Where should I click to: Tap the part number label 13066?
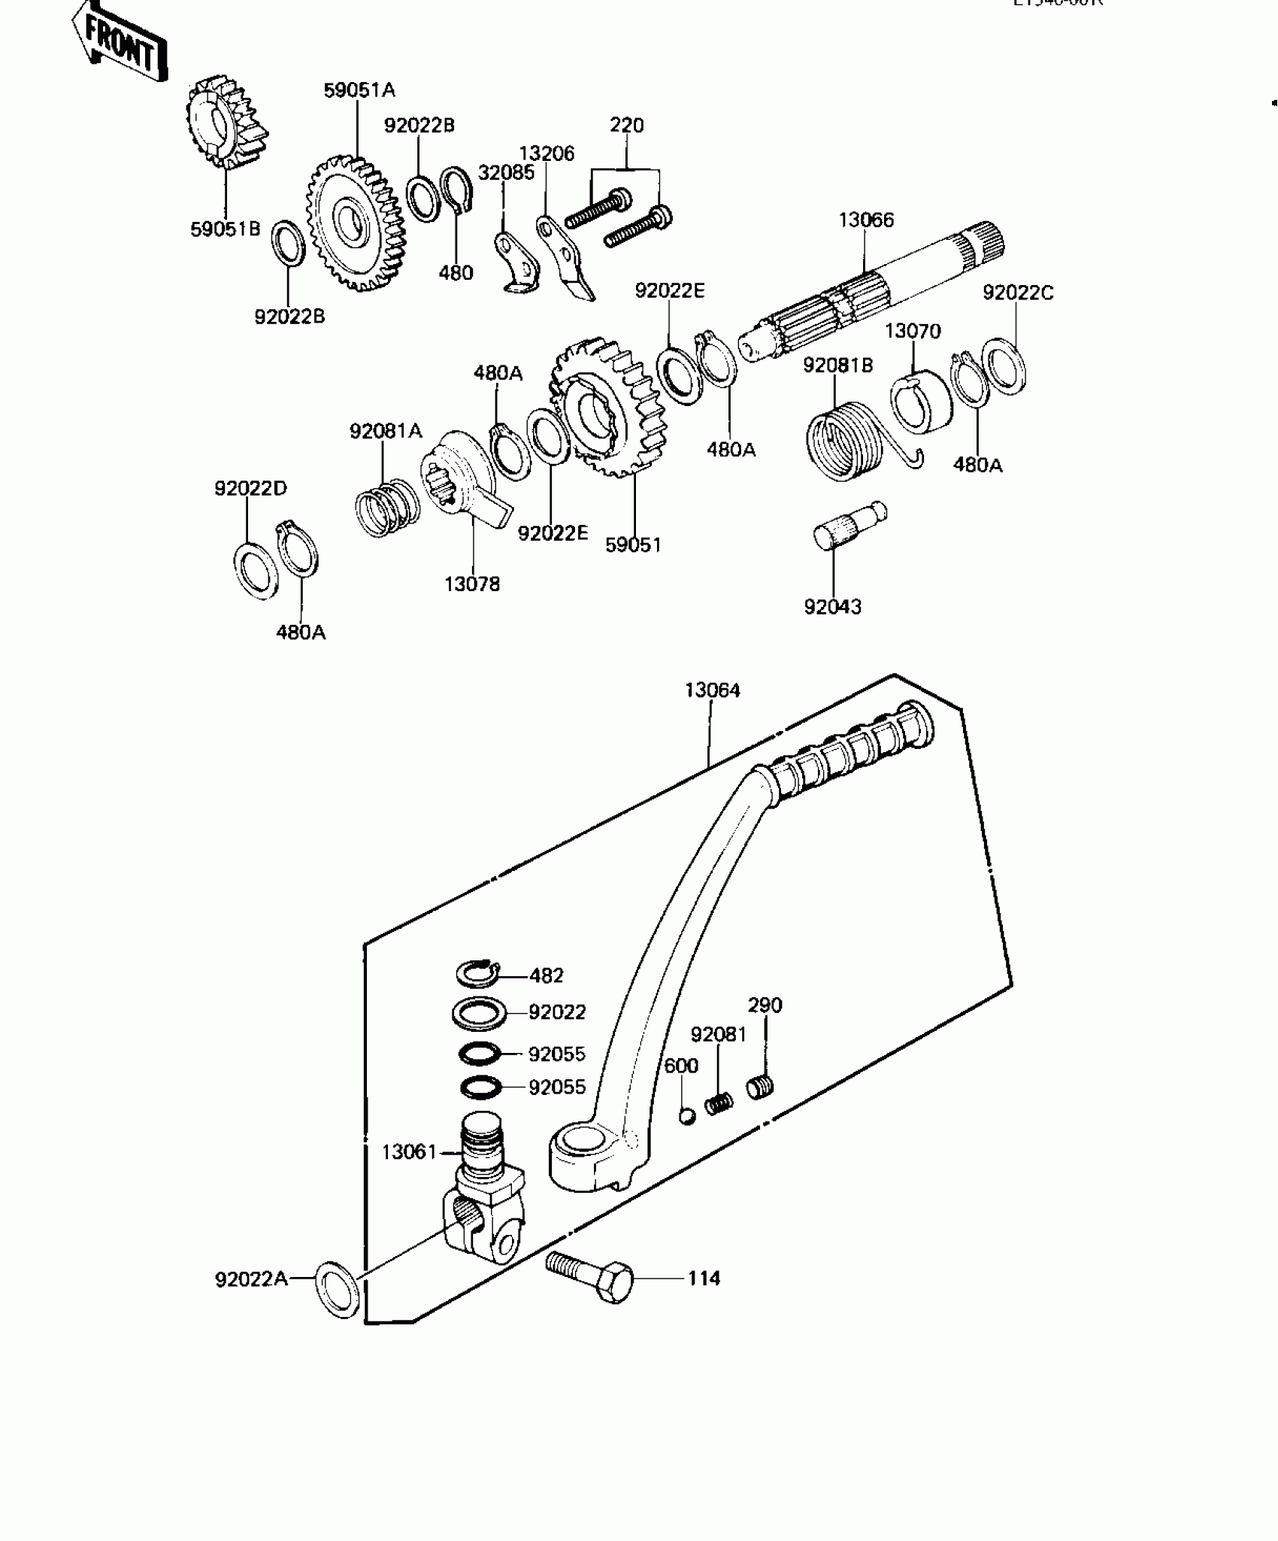(866, 220)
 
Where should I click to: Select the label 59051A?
(359, 90)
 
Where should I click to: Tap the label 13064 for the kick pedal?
(712, 690)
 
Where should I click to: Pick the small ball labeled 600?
(687, 1115)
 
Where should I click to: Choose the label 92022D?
(250, 488)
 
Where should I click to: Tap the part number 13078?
(472, 584)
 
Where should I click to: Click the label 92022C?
(1018, 293)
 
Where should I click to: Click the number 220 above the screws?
(626, 125)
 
